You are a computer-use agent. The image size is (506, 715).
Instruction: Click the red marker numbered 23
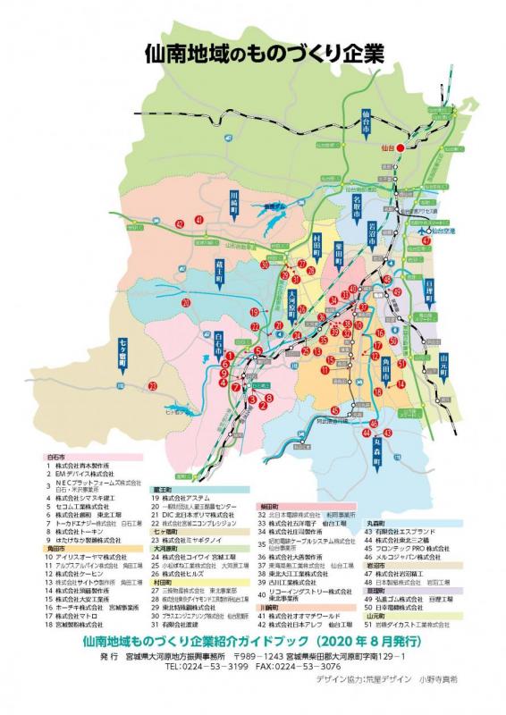(153, 386)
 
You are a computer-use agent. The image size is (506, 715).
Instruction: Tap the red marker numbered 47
(426, 240)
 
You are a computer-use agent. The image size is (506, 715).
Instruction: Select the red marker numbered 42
(179, 223)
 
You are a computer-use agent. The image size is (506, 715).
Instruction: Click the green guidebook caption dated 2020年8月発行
(252, 642)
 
